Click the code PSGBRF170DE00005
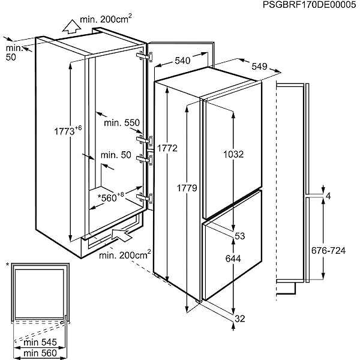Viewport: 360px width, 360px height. [x=309, y=5]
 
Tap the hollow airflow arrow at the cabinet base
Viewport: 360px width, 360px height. [x=122, y=234]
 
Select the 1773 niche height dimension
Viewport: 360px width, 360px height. [x=68, y=131]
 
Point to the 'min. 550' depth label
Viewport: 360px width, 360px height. [x=122, y=123]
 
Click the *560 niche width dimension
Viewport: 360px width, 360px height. [x=110, y=197]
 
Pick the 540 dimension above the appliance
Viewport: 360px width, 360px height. [x=182, y=61]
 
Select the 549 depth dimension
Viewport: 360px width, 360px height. [x=259, y=67]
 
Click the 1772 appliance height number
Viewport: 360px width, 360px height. [x=167, y=148]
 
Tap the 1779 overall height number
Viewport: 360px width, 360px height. [x=187, y=188]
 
